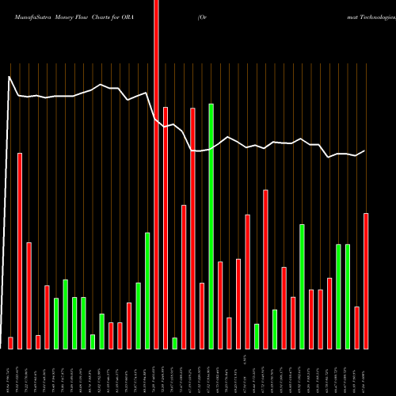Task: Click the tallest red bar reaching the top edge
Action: [156, 158]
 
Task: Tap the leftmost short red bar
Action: [10, 342]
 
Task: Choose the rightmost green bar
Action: [348, 296]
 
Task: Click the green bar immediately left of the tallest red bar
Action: [147, 290]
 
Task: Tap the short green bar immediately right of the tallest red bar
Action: [174, 343]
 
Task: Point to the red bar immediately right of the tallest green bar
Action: [220, 305]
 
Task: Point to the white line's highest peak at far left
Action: [9, 77]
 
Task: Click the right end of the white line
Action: [364, 150]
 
